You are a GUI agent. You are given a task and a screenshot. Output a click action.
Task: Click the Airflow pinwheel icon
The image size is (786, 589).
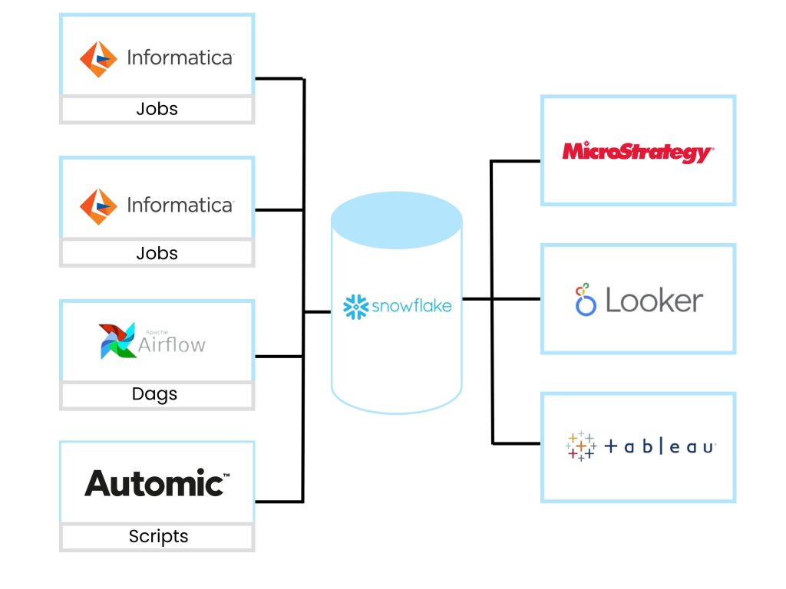[x=117, y=341]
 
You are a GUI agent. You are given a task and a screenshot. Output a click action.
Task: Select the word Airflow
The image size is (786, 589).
[x=172, y=345]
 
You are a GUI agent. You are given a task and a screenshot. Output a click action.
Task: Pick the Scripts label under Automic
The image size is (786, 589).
[x=158, y=536]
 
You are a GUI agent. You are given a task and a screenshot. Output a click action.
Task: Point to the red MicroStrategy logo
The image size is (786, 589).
[x=637, y=151]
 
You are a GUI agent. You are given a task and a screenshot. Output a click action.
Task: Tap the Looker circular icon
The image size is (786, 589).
[x=586, y=300]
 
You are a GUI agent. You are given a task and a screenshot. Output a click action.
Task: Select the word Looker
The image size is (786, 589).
[x=654, y=301]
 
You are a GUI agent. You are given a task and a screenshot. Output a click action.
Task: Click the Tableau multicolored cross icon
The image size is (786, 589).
[x=581, y=446]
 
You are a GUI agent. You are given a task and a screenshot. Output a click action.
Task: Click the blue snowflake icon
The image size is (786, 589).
[x=355, y=306]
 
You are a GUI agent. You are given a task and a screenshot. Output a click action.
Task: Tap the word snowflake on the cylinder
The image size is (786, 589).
[x=411, y=306]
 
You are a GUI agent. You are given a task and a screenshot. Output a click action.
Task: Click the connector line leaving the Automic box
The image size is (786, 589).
[x=278, y=502]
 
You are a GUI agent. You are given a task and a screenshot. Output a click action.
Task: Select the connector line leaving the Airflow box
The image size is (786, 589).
[x=278, y=356]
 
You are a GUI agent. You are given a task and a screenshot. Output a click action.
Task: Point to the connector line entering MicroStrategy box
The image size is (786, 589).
[x=516, y=161]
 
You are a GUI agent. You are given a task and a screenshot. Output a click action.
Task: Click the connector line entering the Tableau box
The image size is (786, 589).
[x=516, y=443]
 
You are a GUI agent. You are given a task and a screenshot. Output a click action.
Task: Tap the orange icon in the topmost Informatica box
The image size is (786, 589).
[x=98, y=58]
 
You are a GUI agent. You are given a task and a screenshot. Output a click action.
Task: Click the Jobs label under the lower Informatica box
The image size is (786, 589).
[x=157, y=253]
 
